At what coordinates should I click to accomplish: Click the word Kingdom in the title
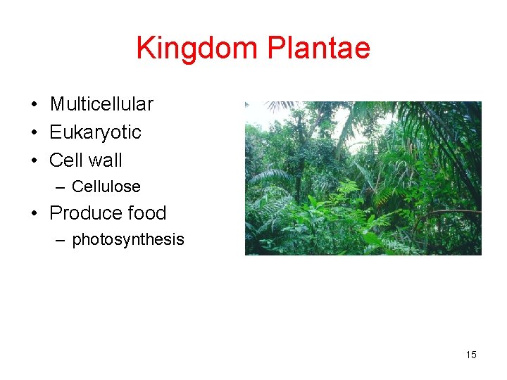click(x=198, y=49)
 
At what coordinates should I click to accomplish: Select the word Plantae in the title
click(x=318, y=49)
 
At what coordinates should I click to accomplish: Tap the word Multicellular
click(x=101, y=104)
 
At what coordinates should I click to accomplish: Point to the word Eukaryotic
click(x=95, y=132)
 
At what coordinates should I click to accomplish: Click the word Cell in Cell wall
click(x=65, y=160)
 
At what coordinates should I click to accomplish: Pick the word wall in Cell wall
click(x=104, y=160)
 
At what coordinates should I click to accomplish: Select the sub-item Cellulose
click(x=106, y=186)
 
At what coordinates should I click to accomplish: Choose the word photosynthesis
click(x=127, y=239)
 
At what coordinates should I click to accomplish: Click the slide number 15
click(x=471, y=355)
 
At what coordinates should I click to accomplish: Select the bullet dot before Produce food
click(x=34, y=214)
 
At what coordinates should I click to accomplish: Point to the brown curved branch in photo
click(x=451, y=212)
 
